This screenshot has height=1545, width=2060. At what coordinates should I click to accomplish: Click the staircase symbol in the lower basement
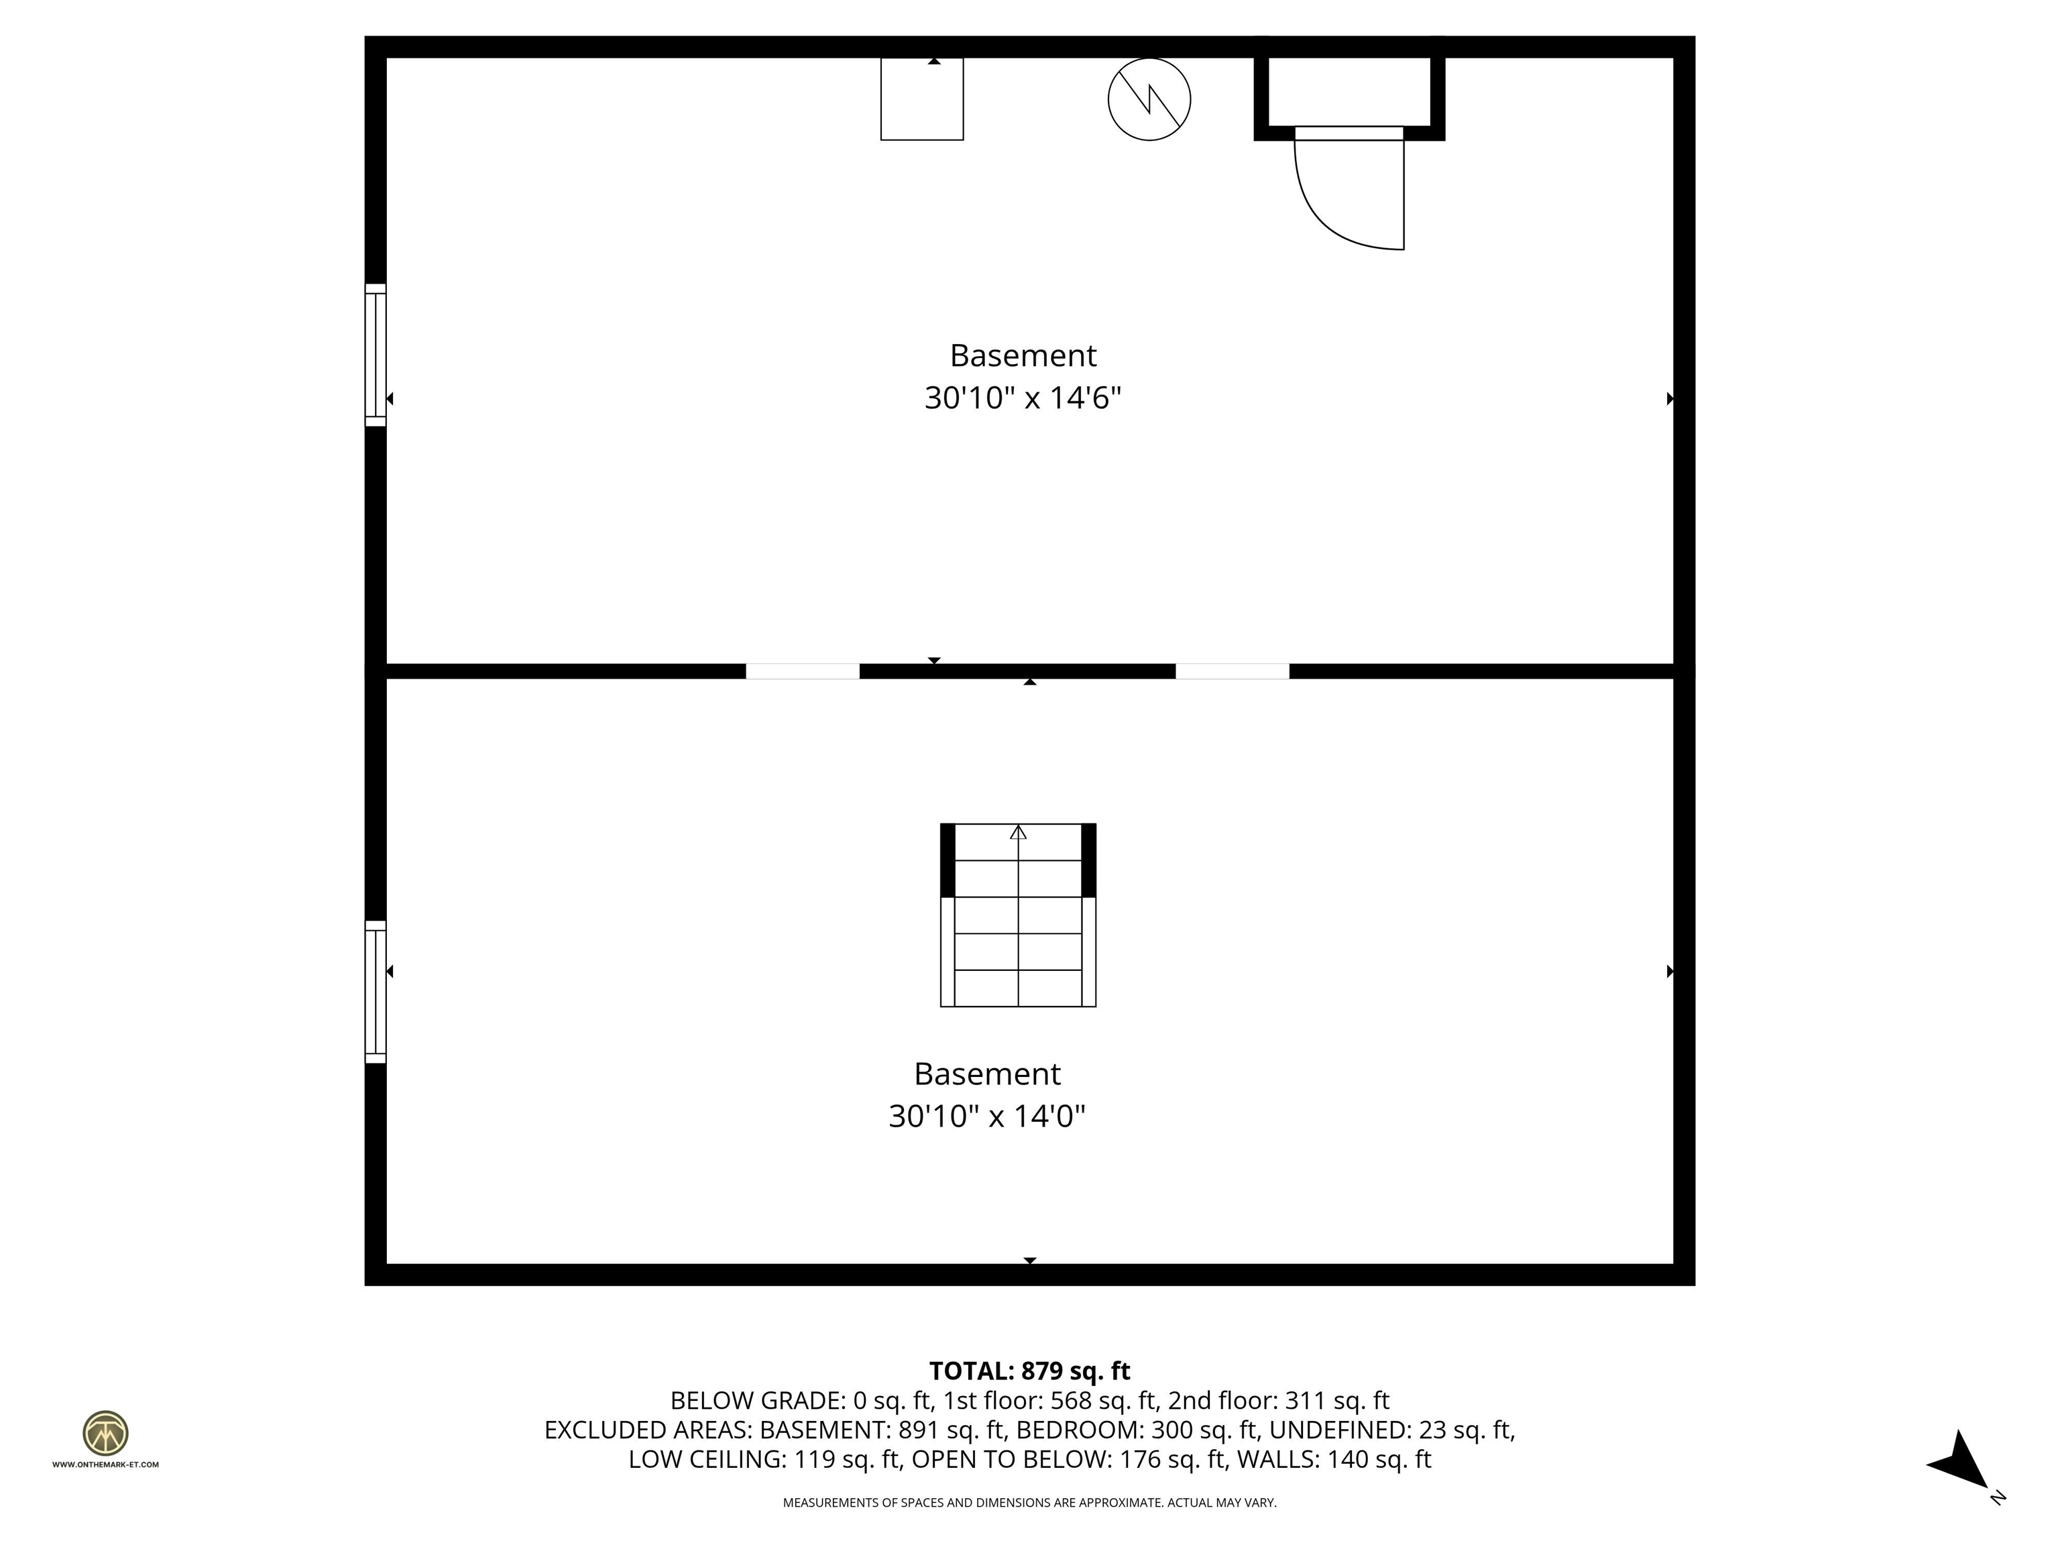(x=1018, y=915)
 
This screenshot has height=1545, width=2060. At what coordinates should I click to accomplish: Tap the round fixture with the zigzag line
(x=1149, y=99)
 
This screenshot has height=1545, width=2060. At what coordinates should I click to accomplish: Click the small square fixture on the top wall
(x=922, y=99)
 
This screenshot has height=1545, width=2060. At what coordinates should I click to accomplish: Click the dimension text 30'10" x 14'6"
(x=1023, y=398)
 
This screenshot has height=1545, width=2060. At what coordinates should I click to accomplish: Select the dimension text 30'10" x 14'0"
(x=987, y=1117)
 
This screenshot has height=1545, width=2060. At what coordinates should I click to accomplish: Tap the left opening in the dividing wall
(x=802, y=671)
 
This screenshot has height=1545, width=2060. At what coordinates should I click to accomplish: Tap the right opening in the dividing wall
(x=1232, y=671)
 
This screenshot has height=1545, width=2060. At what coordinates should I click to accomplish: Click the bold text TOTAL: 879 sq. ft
(x=1029, y=1371)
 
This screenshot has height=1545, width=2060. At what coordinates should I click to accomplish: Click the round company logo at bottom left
(x=105, y=1433)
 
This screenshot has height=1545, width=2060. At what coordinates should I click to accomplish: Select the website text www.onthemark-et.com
(x=105, y=1464)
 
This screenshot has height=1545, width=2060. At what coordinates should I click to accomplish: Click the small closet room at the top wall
(x=1349, y=91)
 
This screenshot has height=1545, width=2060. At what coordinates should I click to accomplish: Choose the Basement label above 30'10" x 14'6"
(x=1023, y=356)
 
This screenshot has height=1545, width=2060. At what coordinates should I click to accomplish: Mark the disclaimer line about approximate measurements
(x=1029, y=1502)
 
